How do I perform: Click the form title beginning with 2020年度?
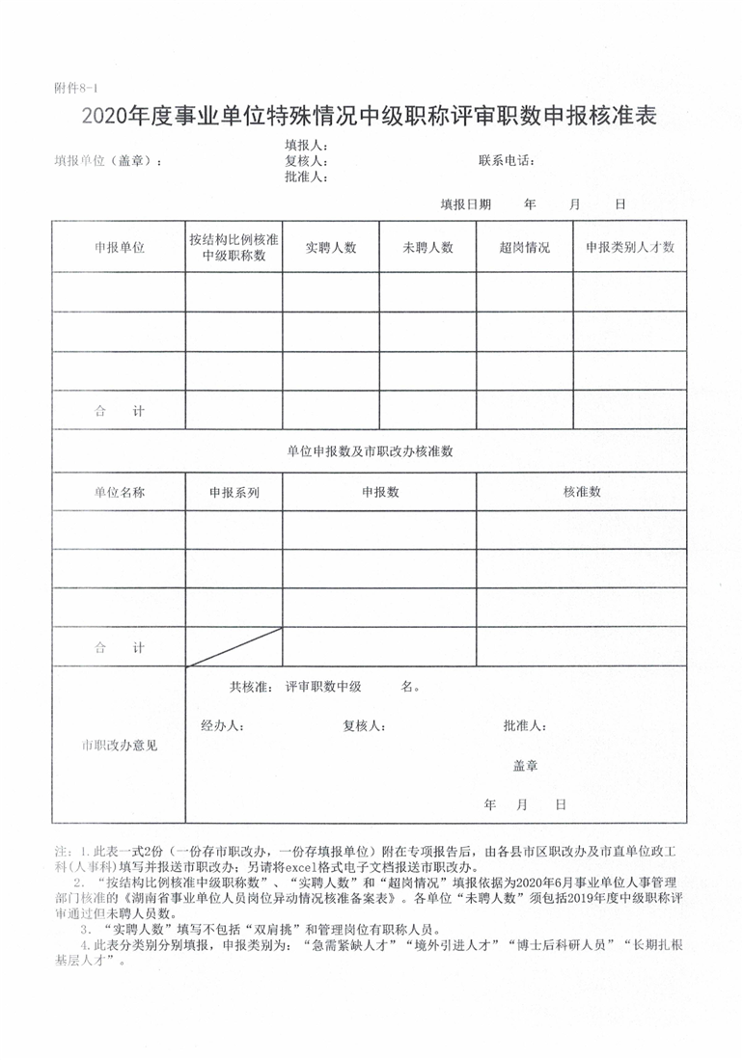tap(370, 118)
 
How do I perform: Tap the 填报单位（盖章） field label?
tap(108, 161)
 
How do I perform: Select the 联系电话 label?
tap(507, 160)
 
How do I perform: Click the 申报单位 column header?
tap(119, 247)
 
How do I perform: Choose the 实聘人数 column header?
tap(331, 247)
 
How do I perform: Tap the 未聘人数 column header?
tap(427, 247)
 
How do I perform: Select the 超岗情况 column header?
tap(524, 247)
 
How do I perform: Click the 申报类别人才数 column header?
tap(629, 247)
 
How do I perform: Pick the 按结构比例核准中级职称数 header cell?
tap(234, 247)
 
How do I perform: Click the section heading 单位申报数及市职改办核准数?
tap(370, 450)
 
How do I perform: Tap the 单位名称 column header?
tap(119, 492)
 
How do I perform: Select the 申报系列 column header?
tap(234, 492)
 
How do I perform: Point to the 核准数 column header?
tap(582, 492)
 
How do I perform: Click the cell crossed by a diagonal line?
tap(234, 646)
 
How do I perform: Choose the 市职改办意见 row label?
tap(119, 746)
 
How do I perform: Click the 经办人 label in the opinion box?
tap(222, 725)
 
